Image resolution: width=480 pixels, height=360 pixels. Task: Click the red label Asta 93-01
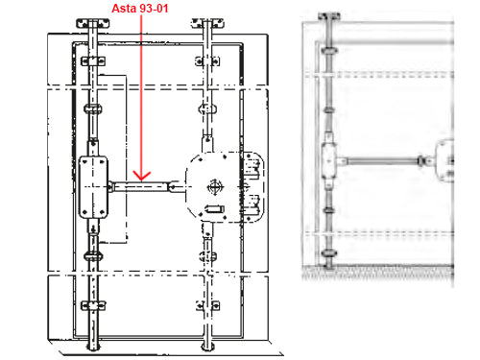point(140,9)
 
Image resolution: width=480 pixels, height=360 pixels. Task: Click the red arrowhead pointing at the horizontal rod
point(141,176)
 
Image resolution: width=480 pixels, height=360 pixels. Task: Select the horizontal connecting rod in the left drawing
point(141,186)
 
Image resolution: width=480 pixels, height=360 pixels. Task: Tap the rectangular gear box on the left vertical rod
point(93,187)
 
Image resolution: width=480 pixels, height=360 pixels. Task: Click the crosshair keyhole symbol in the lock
point(215,187)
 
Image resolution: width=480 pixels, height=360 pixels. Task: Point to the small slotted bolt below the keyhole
point(214,209)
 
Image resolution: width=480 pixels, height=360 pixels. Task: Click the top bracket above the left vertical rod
point(93,23)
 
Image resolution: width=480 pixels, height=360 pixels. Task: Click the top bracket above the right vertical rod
point(207,23)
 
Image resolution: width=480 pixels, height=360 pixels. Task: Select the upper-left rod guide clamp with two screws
point(93,60)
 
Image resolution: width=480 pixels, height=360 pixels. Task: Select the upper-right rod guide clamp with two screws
point(207,60)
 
